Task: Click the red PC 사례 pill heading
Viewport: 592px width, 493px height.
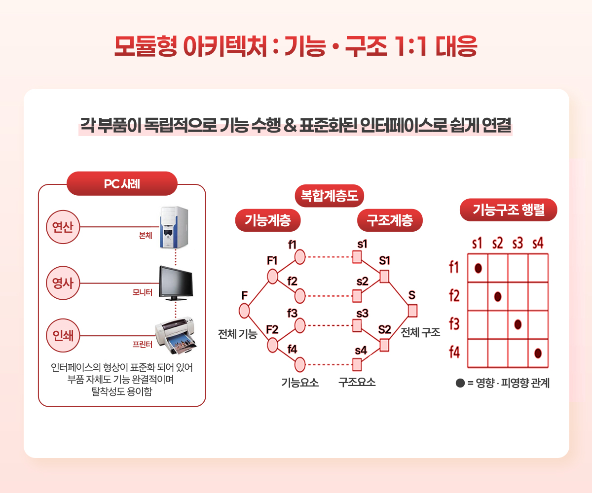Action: pos(122,183)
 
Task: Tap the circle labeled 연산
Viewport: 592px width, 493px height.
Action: pos(63,227)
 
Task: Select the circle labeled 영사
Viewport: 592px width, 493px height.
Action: pos(63,283)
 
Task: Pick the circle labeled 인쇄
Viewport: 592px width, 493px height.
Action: pos(63,335)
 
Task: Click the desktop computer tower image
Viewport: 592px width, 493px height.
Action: pos(174,227)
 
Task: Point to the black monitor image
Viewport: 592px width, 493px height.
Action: pos(176,283)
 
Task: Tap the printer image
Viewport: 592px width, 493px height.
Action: pos(176,335)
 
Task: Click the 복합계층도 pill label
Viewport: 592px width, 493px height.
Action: pos(329,196)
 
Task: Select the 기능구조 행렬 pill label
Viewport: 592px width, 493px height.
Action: pos(508,210)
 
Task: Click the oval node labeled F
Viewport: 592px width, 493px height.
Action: pos(244,311)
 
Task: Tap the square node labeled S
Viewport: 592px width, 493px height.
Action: pos(412,311)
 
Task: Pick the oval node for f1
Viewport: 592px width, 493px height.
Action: pos(299,257)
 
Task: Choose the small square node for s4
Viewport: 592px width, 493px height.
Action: pos(357,365)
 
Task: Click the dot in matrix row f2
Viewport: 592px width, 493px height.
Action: pos(498,297)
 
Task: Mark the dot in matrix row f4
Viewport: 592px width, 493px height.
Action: pos(538,353)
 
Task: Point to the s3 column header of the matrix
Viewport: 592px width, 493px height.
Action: pos(518,244)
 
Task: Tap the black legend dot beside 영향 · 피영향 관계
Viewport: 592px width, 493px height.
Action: pos(460,383)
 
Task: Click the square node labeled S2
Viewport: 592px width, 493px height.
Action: pos(384,345)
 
